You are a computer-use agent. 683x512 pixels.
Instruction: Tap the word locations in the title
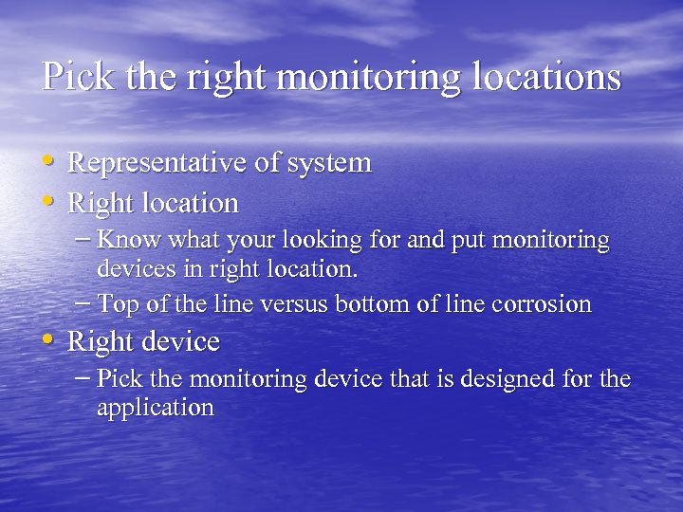pos(549,77)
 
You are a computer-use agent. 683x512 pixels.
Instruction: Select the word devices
pos(135,268)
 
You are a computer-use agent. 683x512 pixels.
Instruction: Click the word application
pos(155,409)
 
